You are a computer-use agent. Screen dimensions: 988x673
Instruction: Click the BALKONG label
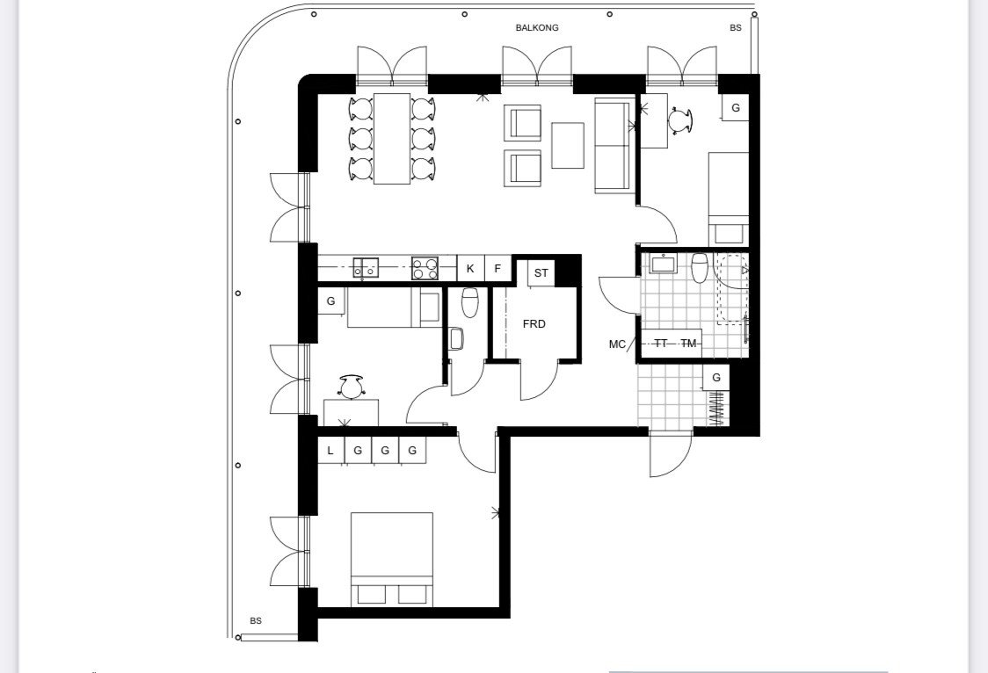click(537, 28)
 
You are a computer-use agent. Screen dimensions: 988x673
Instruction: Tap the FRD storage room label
click(534, 324)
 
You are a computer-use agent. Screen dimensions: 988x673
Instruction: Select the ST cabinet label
click(541, 273)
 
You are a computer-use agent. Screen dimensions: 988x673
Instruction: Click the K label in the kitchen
click(470, 269)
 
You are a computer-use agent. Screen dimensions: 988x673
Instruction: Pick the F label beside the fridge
click(498, 269)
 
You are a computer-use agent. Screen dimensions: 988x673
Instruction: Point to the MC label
click(617, 344)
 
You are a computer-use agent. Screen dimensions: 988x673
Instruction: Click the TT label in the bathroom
click(661, 344)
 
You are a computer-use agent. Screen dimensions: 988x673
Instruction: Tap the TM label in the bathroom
click(689, 344)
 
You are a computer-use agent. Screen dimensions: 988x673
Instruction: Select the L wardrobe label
click(331, 451)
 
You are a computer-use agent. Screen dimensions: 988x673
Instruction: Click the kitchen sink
click(366, 268)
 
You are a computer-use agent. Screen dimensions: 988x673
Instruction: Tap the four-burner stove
click(425, 268)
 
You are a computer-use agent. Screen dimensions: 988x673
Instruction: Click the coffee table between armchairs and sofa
click(568, 146)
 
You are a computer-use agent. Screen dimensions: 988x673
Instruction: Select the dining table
click(392, 139)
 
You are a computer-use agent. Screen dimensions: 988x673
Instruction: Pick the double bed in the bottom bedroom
click(392, 560)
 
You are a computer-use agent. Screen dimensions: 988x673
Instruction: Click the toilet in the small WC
click(470, 303)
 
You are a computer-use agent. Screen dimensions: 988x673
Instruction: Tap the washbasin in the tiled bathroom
click(663, 264)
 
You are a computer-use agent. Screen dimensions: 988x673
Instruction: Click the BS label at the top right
click(736, 28)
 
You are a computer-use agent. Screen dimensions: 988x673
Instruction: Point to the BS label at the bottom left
click(255, 621)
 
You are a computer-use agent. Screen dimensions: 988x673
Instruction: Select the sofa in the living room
click(615, 146)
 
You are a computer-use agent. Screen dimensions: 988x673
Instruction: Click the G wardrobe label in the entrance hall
click(716, 378)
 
